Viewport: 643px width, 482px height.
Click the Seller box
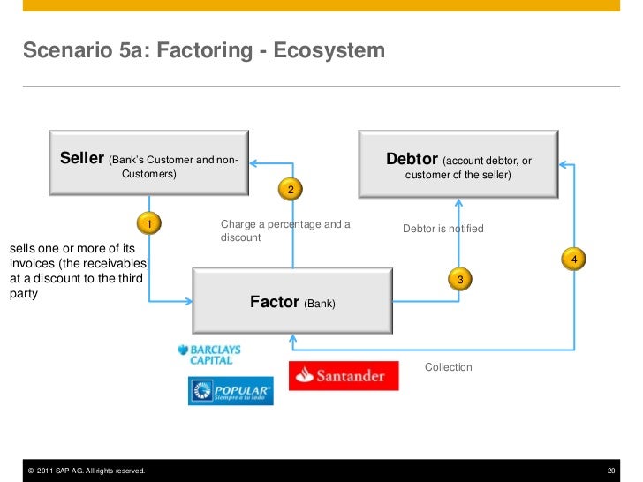click(148, 164)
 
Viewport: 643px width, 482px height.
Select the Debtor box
click(458, 164)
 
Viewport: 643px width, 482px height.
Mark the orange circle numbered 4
click(574, 260)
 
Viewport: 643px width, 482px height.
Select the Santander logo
click(344, 376)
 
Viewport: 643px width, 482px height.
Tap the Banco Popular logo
click(231, 391)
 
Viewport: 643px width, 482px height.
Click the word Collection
click(449, 367)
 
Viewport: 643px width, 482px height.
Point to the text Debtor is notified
click(443, 229)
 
